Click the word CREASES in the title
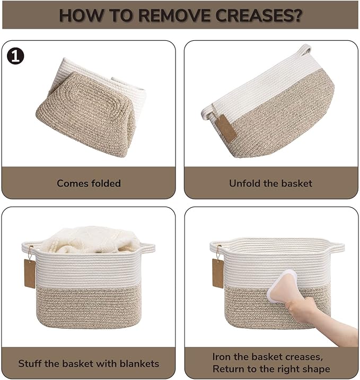click(259, 15)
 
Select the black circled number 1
click(15, 56)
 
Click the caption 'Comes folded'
click(89, 183)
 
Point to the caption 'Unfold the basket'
click(270, 183)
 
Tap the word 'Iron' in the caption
click(222, 357)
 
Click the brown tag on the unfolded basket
click(226, 128)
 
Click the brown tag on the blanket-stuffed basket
click(30, 273)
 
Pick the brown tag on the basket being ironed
click(218, 273)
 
